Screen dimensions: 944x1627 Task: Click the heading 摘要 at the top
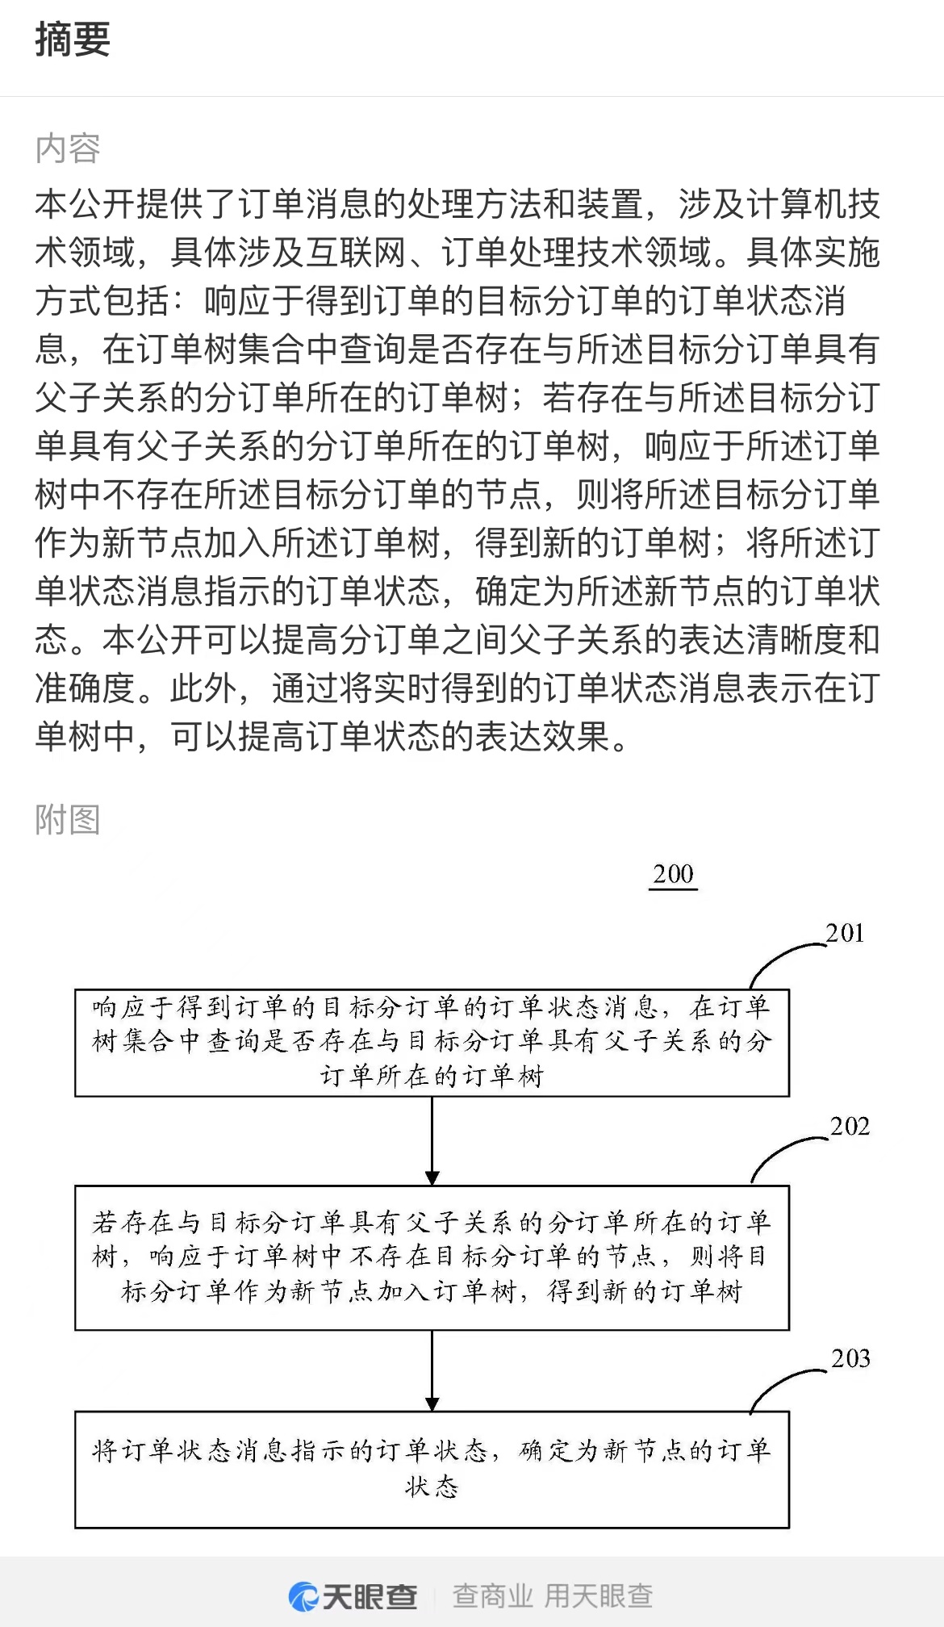point(73,40)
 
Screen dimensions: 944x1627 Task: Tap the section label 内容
point(68,148)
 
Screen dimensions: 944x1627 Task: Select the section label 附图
point(68,820)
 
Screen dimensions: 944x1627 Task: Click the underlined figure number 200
point(673,875)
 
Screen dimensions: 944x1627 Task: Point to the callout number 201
point(845,933)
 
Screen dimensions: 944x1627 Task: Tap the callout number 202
point(850,1126)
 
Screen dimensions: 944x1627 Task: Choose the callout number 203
point(850,1358)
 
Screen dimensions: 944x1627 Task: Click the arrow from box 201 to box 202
point(432,1140)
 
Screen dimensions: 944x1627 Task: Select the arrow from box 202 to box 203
point(432,1370)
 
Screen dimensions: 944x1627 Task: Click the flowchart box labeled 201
point(432,1043)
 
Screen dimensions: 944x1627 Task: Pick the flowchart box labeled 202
point(432,1257)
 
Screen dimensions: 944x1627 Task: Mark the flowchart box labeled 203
point(432,1470)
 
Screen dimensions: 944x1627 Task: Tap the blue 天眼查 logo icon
point(303,1596)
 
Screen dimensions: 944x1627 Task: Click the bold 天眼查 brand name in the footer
point(370,1596)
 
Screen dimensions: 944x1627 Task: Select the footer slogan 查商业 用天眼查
point(553,1596)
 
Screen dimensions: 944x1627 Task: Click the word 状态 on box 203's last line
point(432,1487)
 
